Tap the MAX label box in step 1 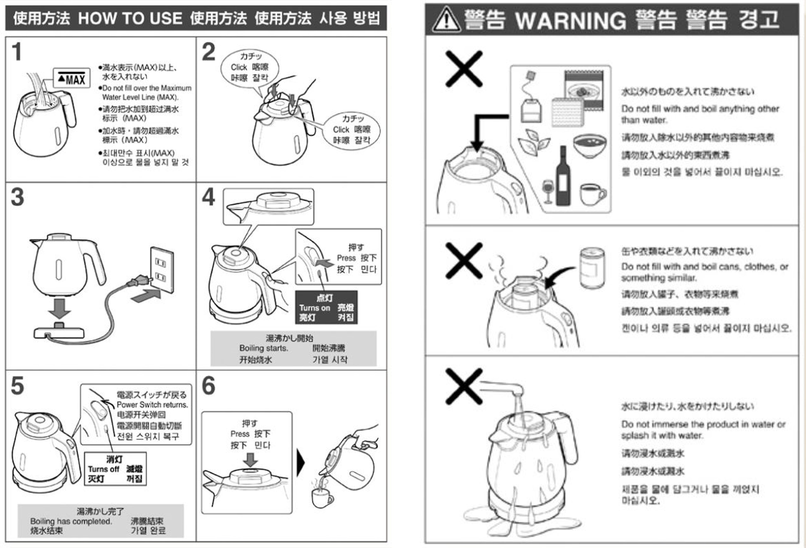(72, 78)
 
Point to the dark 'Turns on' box (326, 307)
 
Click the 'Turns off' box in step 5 (115, 469)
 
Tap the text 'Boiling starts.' (263, 348)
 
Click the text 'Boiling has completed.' (71, 521)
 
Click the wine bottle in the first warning (563, 177)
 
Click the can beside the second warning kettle (592, 268)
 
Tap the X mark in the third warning (464, 386)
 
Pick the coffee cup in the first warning (592, 194)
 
